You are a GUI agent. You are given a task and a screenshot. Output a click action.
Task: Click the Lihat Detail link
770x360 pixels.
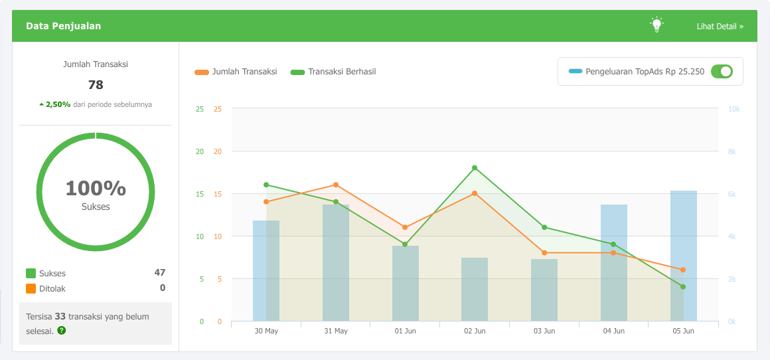click(720, 27)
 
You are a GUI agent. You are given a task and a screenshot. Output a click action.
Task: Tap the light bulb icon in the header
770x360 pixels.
click(656, 25)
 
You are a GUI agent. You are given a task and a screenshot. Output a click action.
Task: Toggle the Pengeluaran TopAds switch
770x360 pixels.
click(722, 71)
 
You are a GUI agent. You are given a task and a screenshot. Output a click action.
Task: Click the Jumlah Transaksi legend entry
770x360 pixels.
click(236, 72)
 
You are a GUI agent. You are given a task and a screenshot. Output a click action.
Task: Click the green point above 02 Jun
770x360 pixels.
click(475, 168)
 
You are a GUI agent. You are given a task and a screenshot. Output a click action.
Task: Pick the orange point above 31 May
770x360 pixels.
click(336, 185)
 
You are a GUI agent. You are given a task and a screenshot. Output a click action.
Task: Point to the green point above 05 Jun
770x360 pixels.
click(683, 287)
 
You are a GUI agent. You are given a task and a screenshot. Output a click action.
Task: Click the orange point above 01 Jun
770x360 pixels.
click(405, 227)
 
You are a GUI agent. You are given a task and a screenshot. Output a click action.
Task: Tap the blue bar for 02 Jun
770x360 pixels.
click(475, 290)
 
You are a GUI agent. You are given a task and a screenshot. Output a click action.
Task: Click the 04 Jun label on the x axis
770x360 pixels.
click(613, 331)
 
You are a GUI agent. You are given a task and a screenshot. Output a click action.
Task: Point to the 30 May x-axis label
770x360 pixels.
click(266, 331)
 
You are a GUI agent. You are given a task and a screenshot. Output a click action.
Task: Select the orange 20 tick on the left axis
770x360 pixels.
click(218, 151)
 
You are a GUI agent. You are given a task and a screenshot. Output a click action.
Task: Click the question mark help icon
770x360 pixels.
click(62, 330)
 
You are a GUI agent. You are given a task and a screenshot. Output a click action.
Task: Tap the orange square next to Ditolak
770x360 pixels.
click(31, 289)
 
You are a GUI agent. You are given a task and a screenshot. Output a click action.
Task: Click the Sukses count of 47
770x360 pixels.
click(159, 272)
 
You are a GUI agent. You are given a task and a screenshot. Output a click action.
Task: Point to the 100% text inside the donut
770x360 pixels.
click(96, 189)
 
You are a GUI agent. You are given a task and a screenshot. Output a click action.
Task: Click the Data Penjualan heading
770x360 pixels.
click(64, 27)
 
